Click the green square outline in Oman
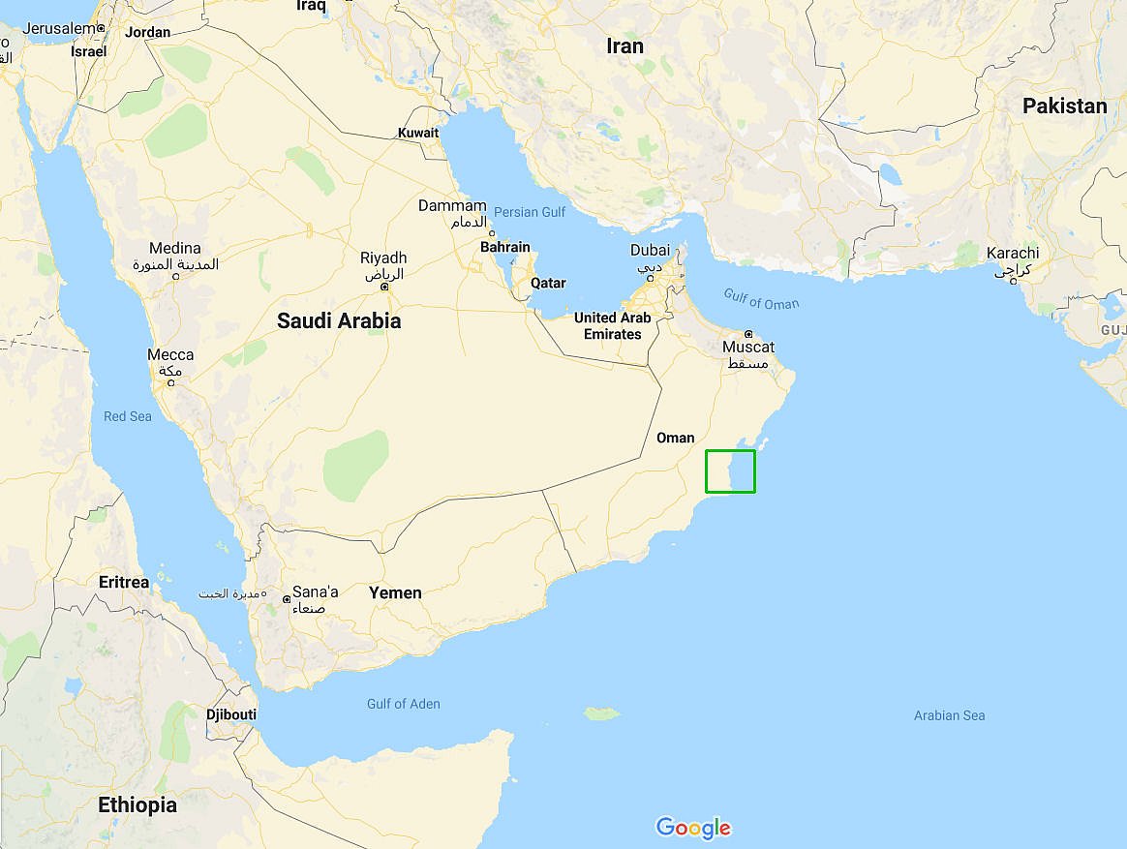(x=730, y=471)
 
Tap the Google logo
(x=693, y=828)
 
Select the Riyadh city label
(x=383, y=258)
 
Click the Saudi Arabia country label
(x=339, y=320)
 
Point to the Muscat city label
(x=748, y=348)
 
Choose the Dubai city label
(x=650, y=251)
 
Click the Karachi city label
(x=1013, y=254)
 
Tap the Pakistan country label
(x=1064, y=106)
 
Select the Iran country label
(x=624, y=45)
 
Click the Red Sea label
(x=128, y=416)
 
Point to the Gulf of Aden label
(x=403, y=704)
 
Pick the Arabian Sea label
(x=949, y=715)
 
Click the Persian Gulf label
(x=530, y=211)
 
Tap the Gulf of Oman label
(x=762, y=301)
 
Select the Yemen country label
(x=395, y=592)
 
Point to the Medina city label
(x=175, y=249)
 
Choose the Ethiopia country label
(x=137, y=804)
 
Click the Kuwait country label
(x=418, y=133)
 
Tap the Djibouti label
(x=231, y=714)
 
